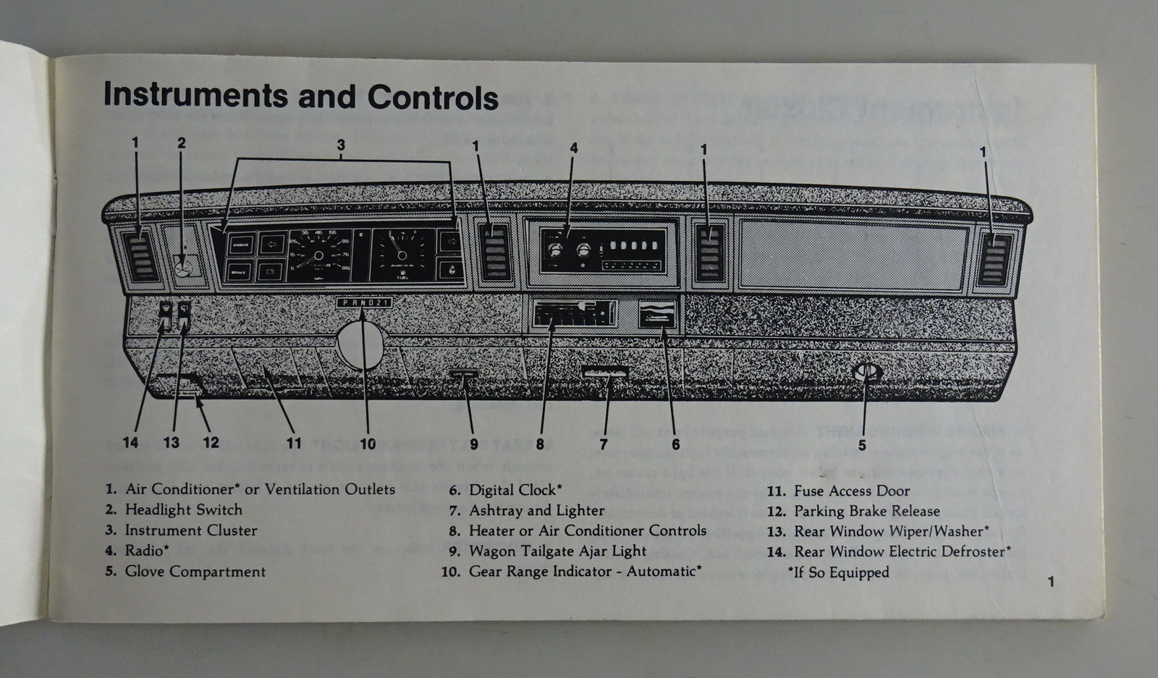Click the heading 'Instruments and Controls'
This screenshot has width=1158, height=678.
click(x=300, y=96)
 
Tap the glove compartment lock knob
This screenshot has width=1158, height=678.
click(x=866, y=373)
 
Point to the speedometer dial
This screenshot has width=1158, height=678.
click(x=318, y=255)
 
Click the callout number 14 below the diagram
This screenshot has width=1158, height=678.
click(x=130, y=442)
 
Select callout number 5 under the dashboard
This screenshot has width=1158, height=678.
click(x=861, y=445)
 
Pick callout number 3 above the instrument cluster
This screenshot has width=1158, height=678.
click(x=341, y=145)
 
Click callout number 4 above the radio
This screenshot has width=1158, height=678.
click(x=574, y=148)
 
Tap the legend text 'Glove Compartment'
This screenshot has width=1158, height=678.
click(x=195, y=572)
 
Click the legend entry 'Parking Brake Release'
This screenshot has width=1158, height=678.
click(x=866, y=511)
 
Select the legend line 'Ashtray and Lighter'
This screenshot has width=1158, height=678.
click(x=536, y=510)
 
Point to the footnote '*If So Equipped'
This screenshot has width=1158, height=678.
click(x=838, y=572)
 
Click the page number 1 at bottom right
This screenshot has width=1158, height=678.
click(x=1051, y=581)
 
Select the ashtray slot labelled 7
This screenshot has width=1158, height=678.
click(x=604, y=372)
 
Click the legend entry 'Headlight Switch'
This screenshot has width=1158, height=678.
click(x=183, y=509)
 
